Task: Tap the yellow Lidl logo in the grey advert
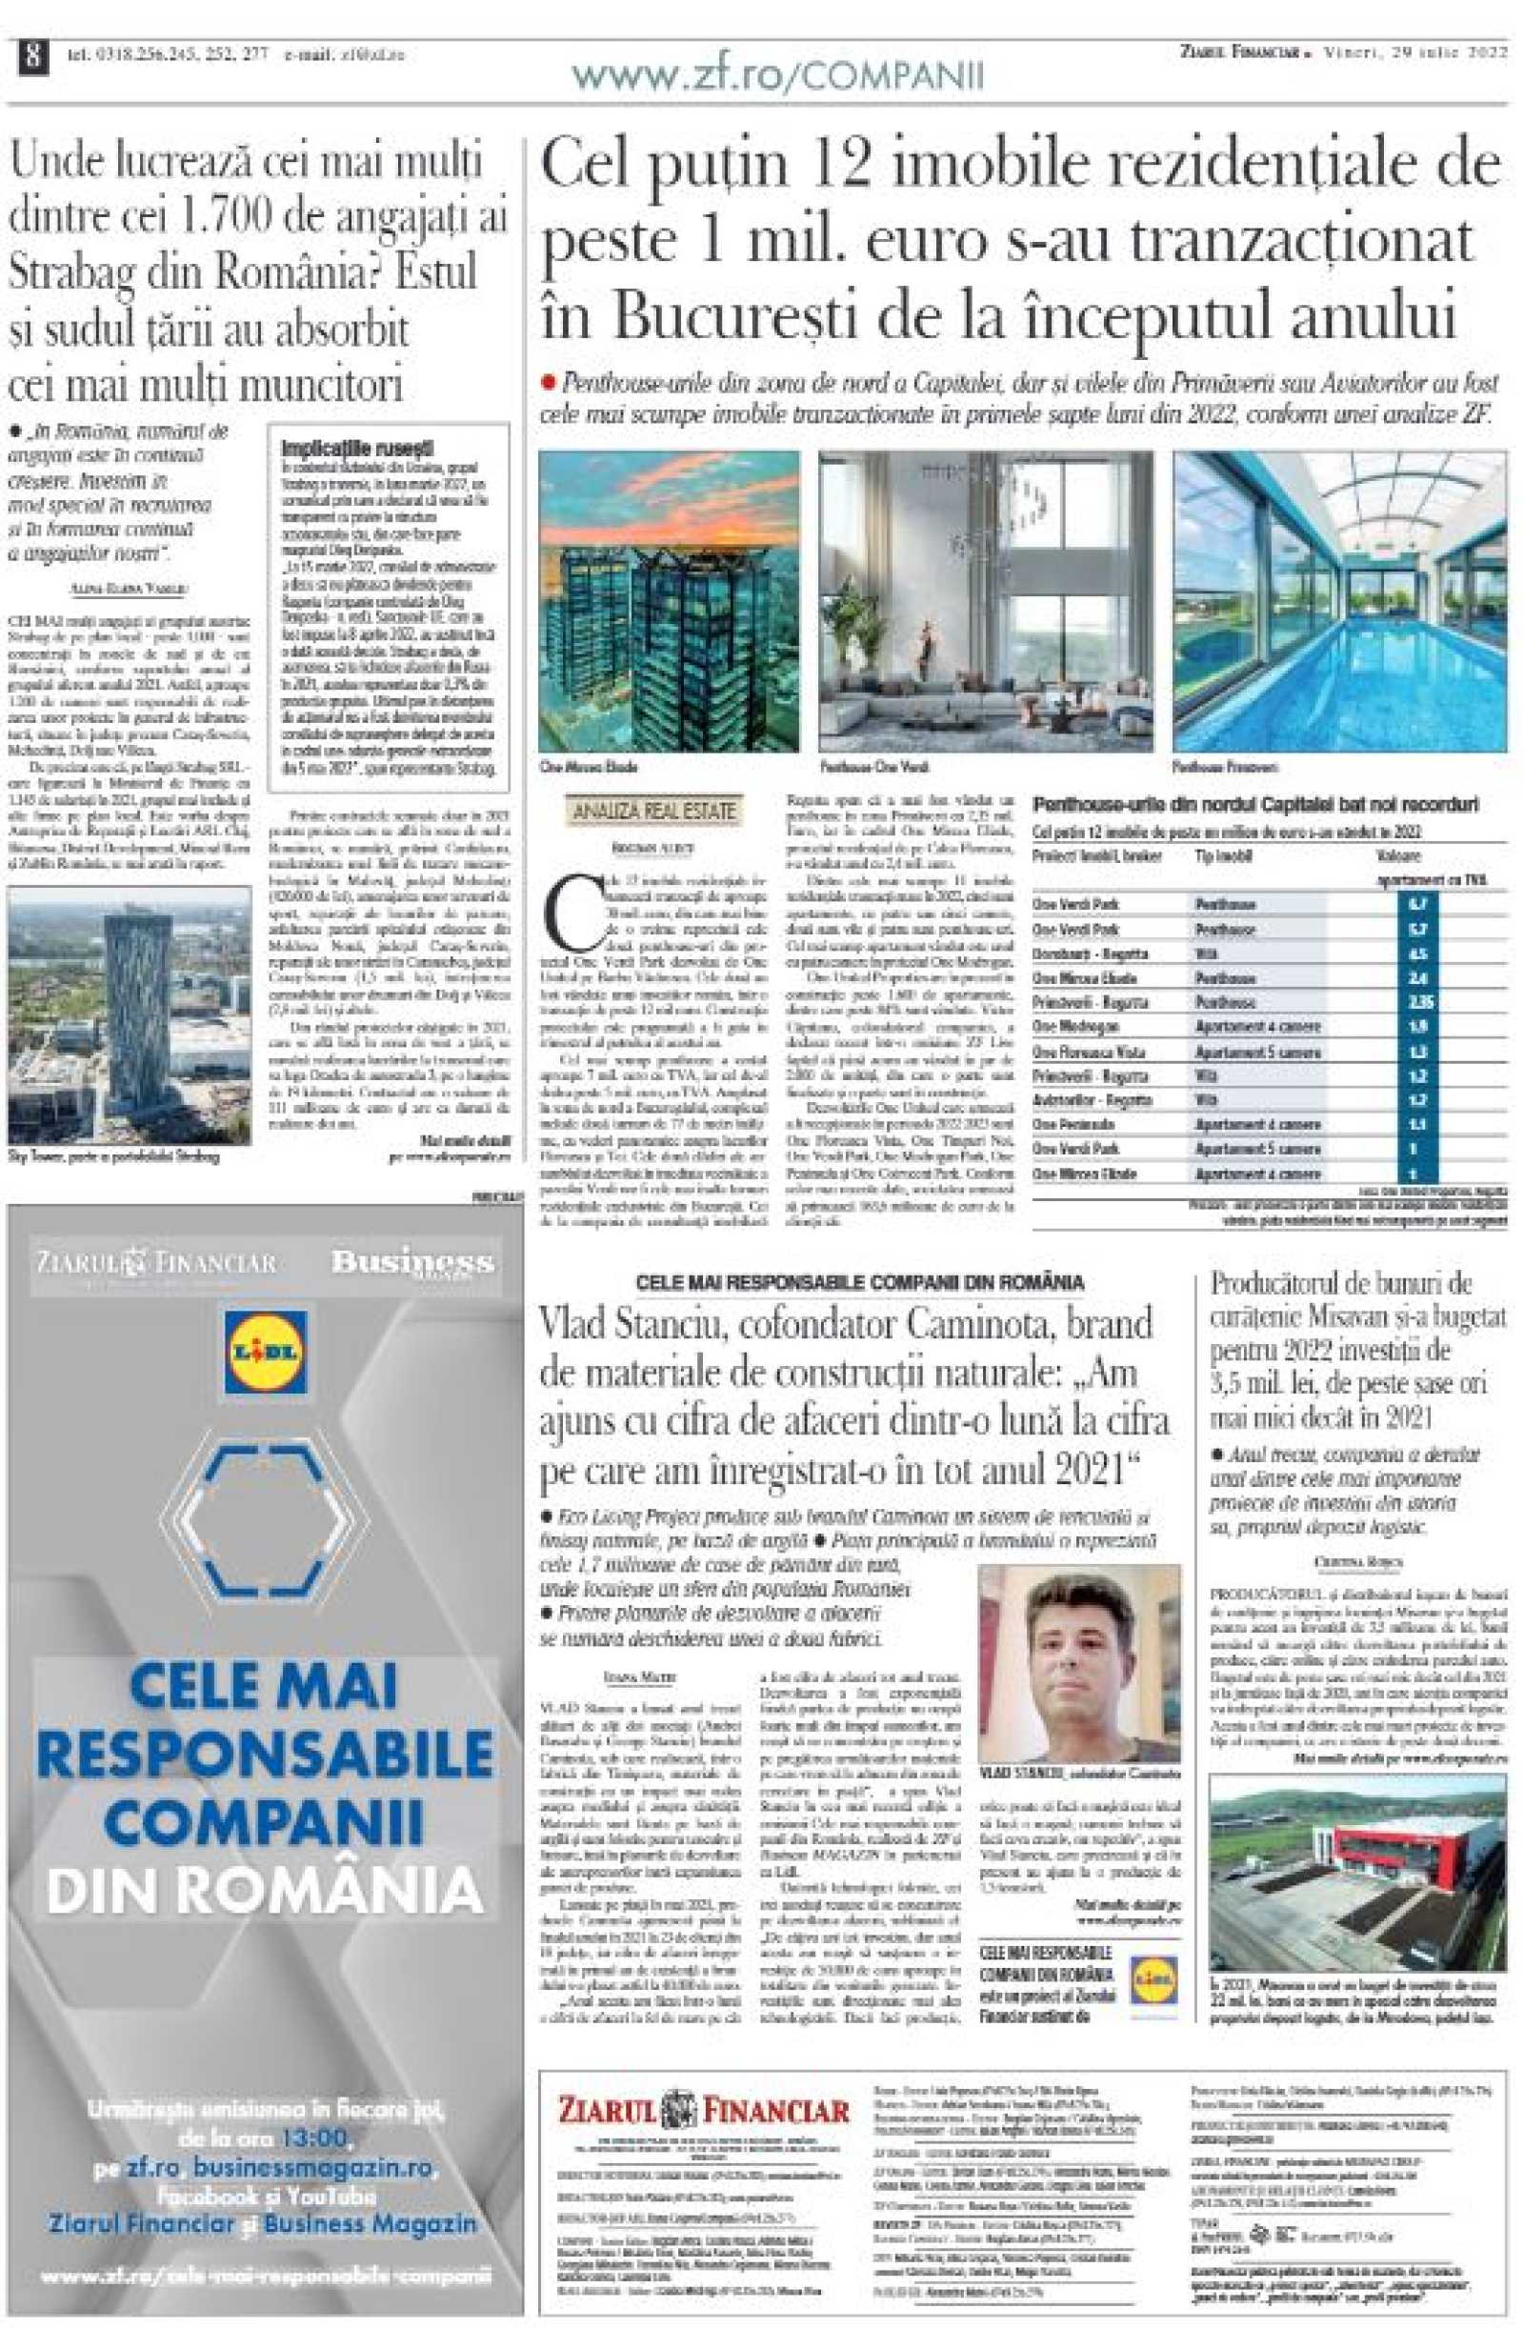[x=265, y=1351]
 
